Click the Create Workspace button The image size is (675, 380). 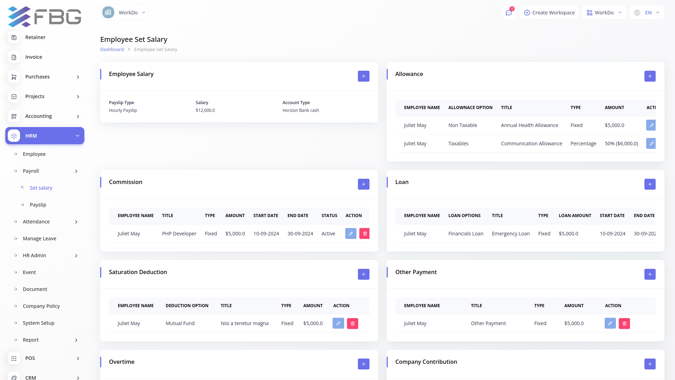549,13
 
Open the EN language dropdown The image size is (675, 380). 647,13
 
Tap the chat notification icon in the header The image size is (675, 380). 508,13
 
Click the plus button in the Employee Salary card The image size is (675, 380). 364,76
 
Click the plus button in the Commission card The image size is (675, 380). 364,184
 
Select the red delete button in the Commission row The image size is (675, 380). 365,234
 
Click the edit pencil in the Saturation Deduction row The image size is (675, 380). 338,323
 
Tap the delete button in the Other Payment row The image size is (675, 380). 624,323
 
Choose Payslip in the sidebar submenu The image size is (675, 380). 38,205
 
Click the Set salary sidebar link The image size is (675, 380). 41,188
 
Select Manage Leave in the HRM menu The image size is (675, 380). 39,239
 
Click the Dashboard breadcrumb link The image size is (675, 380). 112,50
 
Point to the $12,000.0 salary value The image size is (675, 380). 205,110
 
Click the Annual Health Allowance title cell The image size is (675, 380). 529,125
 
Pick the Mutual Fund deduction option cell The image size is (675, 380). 180,323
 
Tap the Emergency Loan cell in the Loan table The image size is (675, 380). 510,234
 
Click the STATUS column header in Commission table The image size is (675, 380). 329,216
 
